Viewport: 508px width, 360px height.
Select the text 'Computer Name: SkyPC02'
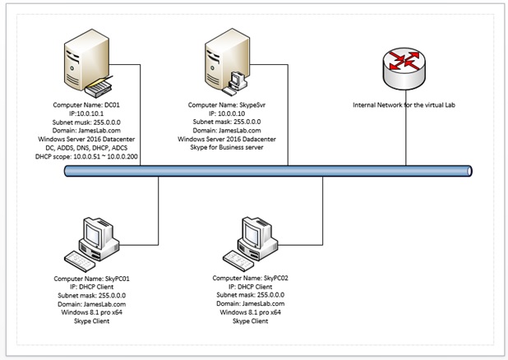(x=251, y=278)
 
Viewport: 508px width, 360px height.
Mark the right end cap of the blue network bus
(x=470, y=170)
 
